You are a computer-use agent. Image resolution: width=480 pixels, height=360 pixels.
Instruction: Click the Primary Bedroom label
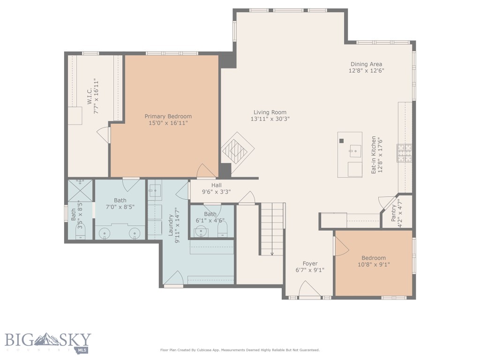point(168,116)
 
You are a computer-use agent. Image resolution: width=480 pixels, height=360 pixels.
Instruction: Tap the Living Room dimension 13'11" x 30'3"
point(270,119)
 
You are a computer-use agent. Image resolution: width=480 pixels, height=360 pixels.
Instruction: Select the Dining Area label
point(366,64)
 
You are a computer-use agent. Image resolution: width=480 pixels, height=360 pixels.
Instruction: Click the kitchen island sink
point(355,150)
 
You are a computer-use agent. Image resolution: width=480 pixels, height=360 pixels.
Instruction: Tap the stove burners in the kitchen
point(405,153)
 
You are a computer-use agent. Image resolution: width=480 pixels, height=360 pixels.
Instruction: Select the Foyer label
point(310,263)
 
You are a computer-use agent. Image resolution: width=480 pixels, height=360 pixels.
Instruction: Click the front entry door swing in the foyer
point(309,289)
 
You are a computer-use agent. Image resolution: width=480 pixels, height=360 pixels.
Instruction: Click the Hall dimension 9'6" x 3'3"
point(216,192)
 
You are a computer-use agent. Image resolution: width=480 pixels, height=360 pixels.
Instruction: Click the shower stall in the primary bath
point(80,190)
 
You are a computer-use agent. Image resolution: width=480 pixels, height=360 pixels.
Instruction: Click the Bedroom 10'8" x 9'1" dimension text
point(374,264)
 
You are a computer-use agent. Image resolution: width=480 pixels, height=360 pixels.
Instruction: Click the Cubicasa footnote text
point(240,350)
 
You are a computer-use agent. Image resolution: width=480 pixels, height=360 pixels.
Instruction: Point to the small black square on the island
point(342,141)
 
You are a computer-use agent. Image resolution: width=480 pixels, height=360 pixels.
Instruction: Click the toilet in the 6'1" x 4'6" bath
point(223,229)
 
